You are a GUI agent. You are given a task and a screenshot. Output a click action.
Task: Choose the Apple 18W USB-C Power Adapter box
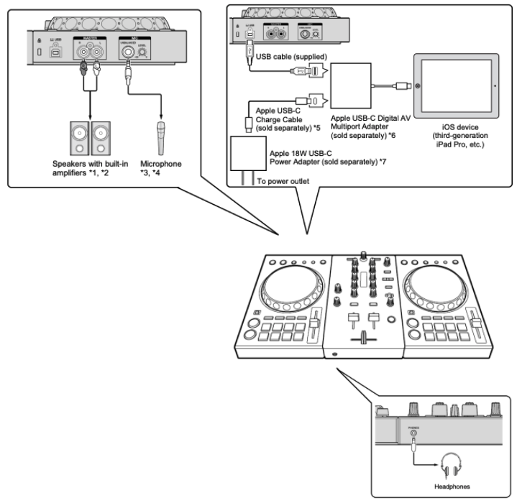point(244,154)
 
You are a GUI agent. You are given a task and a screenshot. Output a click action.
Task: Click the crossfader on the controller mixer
point(360,336)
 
